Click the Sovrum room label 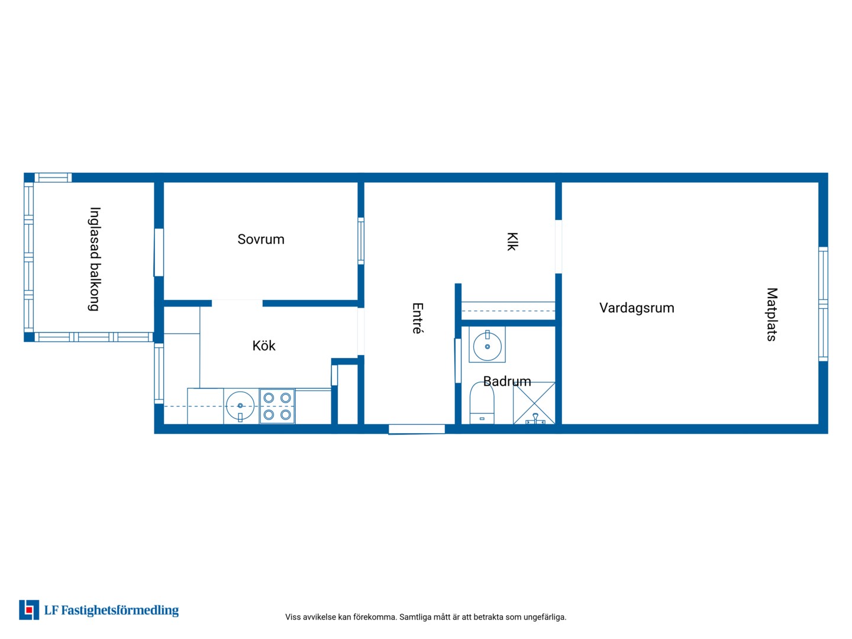pos(261,240)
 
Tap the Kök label pos(263,346)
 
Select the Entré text pos(417,318)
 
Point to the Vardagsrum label pos(637,308)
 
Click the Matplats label pos(772,314)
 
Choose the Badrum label pos(507,382)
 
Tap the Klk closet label pos(512,242)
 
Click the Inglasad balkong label pos(94,259)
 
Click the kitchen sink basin pos(240,406)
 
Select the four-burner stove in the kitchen pos(277,406)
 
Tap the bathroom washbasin pos(487,345)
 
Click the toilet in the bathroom pos(482,403)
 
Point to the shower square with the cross pos(534,403)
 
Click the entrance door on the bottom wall pos(417,429)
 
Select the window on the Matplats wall pos(823,304)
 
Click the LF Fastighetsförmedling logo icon pos(29,610)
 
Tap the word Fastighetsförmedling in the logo pos(120,611)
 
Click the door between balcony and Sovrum pos(159,253)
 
